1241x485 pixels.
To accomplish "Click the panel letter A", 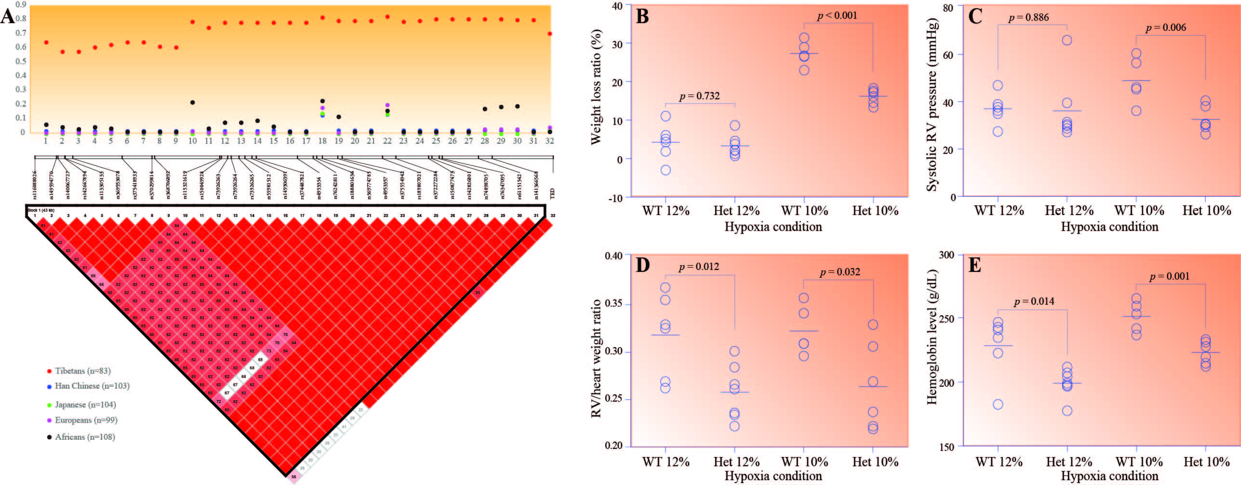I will [8, 16].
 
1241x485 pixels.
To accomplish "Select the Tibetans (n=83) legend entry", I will [82, 371].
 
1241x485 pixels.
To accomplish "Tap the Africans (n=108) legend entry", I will [85, 437].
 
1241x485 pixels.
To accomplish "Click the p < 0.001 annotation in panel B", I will [837, 15].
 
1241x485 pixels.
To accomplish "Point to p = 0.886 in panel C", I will [1028, 17].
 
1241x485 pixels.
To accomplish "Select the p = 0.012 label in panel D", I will [699, 267].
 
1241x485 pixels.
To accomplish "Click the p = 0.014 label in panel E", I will [1034, 301].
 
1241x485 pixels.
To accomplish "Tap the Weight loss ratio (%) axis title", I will [596, 87].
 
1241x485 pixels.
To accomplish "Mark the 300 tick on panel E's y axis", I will [947, 255].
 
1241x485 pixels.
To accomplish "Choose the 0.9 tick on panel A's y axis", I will [20, 4].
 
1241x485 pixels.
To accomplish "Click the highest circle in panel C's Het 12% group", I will [1067, 40].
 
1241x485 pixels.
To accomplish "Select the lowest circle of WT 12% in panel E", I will [998, 404].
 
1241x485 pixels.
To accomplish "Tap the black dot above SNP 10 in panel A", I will [192, 102].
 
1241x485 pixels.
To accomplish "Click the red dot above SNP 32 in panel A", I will [549, 34].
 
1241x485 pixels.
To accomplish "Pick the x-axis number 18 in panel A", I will [322, 141].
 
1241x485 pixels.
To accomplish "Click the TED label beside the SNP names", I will [552, 193].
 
